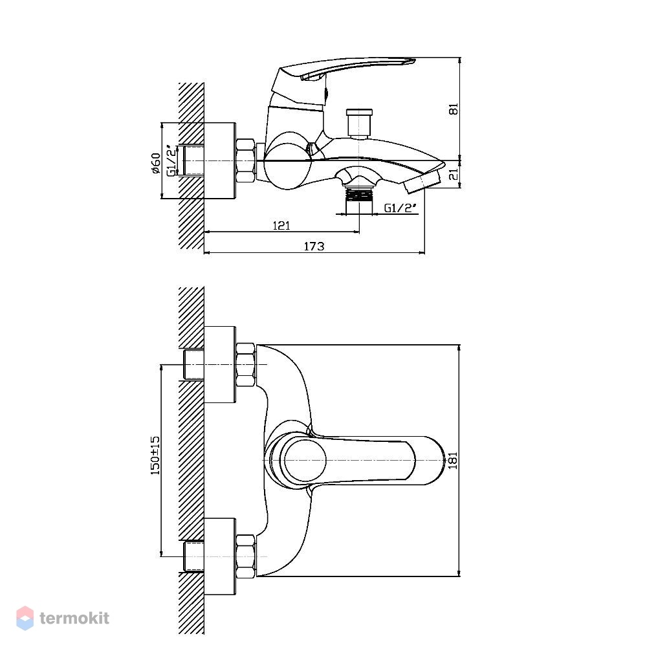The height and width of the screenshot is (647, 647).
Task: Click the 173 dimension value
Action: [314, 247]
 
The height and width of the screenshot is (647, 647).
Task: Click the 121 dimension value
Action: [281, 226]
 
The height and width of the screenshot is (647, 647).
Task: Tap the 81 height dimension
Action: [454, 109]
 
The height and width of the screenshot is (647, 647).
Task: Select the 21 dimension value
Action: [454, 174]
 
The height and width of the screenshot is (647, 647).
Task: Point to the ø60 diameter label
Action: [155, 163]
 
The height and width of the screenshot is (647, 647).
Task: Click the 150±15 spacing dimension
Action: [155, 455]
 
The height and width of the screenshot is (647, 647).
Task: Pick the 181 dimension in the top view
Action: [453, 460]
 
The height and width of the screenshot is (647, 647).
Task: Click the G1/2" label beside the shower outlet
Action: [400, 208]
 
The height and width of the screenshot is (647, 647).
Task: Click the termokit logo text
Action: [74, 618]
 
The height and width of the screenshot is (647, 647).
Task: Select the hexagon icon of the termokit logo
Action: [25, 618]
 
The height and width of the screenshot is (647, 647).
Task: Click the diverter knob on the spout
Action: [359, 122]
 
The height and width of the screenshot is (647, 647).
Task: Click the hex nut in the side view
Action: [245, 160]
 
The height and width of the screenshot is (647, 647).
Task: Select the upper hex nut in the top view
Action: [245, 365]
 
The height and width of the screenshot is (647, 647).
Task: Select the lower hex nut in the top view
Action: [245, 556]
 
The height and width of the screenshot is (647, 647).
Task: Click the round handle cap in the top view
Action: [303, 459]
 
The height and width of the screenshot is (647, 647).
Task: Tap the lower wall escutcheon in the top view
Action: [220, 556]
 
